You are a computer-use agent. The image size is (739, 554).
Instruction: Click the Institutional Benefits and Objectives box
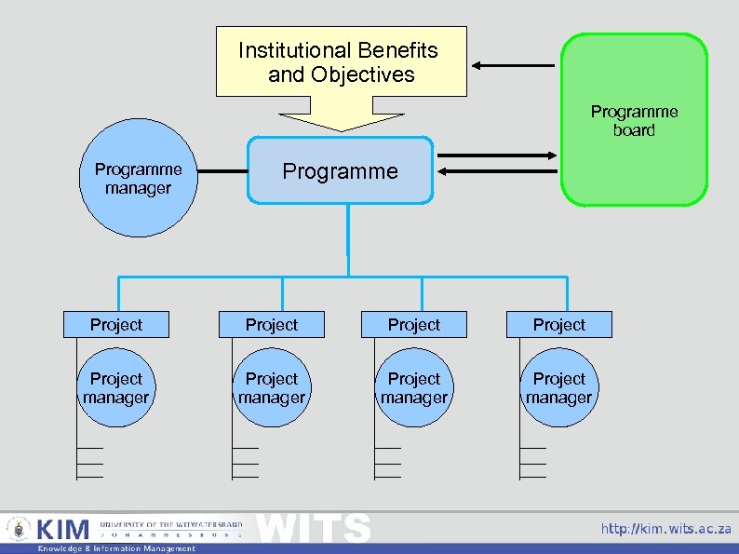coord(341,61)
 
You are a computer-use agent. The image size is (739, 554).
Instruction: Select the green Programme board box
coord(634,119)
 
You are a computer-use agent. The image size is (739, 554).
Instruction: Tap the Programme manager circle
coord(139,179)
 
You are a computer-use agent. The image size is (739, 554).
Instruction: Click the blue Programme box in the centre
coord(340,171)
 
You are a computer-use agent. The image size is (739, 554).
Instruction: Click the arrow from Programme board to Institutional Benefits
coord(512,65)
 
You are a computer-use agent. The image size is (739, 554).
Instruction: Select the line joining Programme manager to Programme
coord(223,172)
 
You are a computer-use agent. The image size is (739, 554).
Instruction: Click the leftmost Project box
coord(116,324)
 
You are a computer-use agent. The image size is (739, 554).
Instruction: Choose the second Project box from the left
coord(272,324)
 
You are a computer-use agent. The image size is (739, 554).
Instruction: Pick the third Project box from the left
coord(414,324)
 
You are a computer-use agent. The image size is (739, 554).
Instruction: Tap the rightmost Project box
coord(559,324)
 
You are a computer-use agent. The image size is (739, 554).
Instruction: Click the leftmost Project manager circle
coord(116,388)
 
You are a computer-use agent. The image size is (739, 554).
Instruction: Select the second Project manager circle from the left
coord(272,388)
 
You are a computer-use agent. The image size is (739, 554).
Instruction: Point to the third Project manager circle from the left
coord(414,388)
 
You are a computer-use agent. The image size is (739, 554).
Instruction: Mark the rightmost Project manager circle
coord(559,388)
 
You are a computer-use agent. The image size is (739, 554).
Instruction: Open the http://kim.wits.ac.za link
coord(665,529)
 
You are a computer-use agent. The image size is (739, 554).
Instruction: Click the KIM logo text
coord(62,530)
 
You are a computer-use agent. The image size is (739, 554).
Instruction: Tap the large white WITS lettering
coord(314,527)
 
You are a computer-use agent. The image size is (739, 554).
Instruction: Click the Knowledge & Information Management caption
coord(116,548)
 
